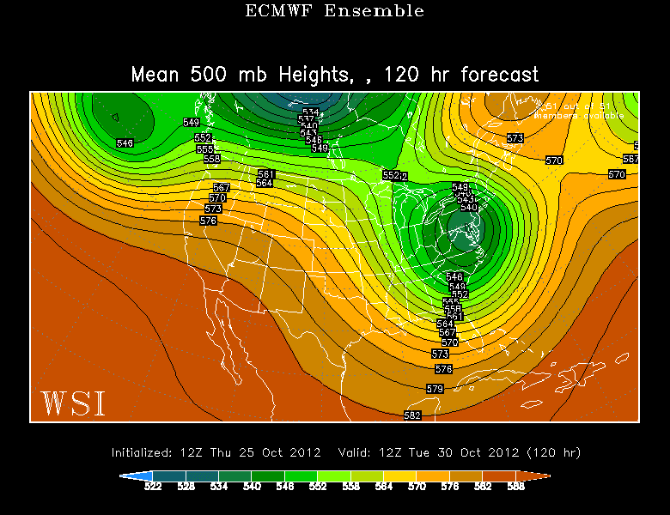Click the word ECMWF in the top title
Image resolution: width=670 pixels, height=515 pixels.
tap(275, 11)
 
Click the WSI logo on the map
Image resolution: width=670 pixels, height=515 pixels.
tap(73, 403)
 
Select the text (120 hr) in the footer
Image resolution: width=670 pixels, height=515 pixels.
tap(559, 452)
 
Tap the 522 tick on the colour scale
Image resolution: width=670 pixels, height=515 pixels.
tap(154, 486)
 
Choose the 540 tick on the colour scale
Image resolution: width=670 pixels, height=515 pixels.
tap(252, 486)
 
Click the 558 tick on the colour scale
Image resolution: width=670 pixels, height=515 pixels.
tap(350, 486)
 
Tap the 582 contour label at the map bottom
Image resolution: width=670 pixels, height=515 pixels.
tap(412, 415)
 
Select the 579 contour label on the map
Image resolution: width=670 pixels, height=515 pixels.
tap(435, 389)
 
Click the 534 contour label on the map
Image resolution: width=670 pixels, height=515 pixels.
tap(310, 112)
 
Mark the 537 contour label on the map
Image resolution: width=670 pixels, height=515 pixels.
tap(306, 119)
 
